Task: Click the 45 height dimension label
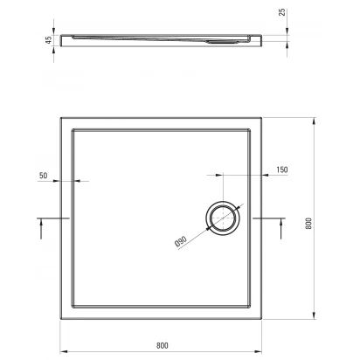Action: [x=49, y=39]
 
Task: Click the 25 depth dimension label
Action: [x=282, y=12]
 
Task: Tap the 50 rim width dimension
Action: [x=43, y=176]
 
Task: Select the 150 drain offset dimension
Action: [x=282, y=170]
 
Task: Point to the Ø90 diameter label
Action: [x=181, y=242]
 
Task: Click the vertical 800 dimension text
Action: [x=308, y=224]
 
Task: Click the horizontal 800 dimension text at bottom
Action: [x=163, y=345]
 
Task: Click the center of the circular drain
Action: [x=223, y=218]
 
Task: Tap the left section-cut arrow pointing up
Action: [x=41, y=229]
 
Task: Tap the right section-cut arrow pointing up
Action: [x=281, y=229]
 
